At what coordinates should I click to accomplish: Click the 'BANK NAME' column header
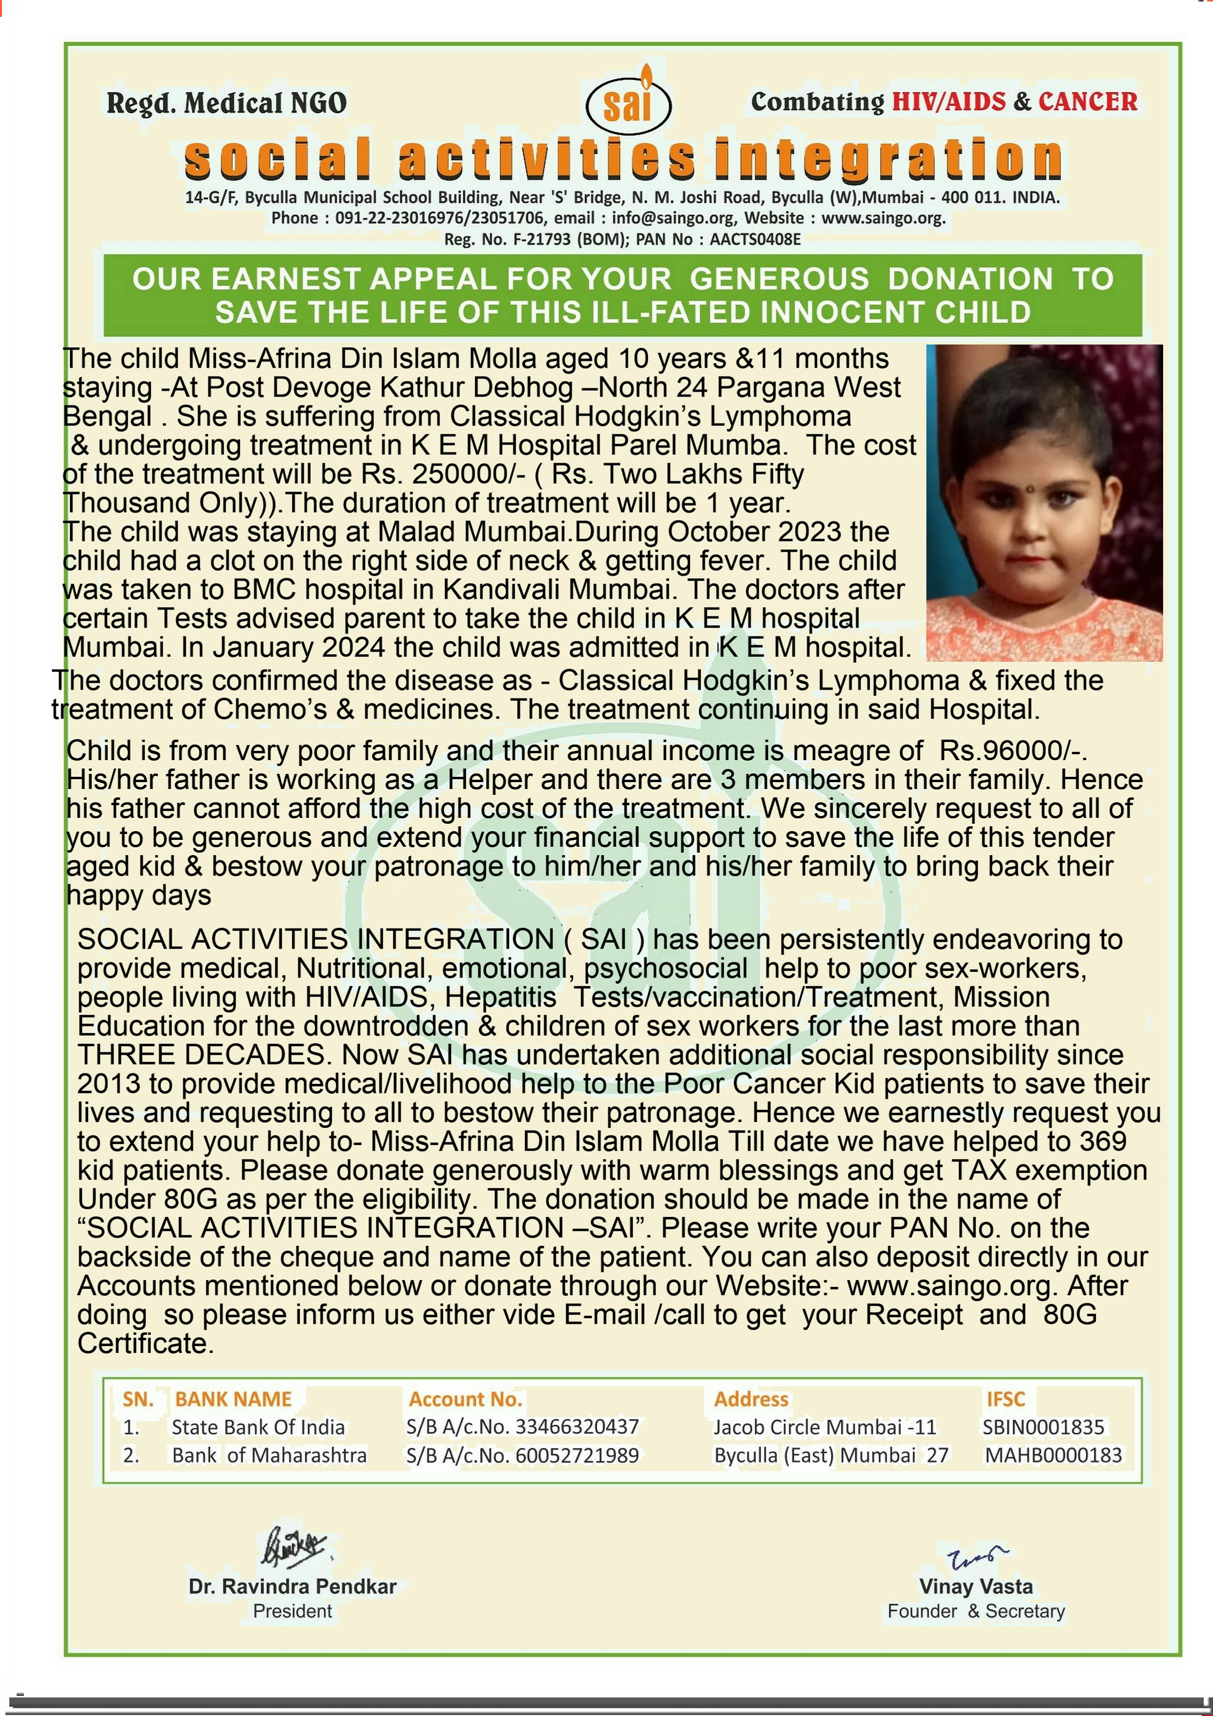point(233,1399)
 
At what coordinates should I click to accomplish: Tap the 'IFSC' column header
point(1005,1399)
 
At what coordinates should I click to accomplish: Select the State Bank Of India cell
point(258,1427)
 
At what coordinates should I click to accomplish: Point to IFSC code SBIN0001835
point(1043,1427)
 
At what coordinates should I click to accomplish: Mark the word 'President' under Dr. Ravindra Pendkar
point(292,1611)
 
